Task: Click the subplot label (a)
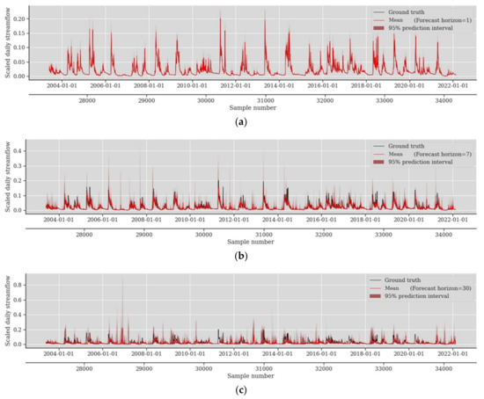point(242,124)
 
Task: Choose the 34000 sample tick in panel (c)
point(442,368)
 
